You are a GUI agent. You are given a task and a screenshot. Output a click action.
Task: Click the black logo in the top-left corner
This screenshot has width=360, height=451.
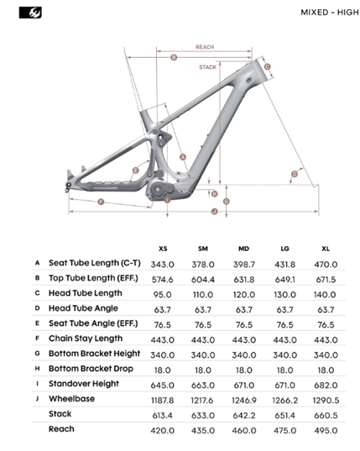pyautogui.click(x=30, y=13)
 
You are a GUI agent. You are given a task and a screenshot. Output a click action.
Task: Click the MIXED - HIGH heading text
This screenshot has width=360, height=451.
pyautogui.click(x=330, y=13)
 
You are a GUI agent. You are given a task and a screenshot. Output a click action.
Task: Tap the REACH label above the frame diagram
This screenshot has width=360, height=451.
pyautogui.click(x=205, y=47)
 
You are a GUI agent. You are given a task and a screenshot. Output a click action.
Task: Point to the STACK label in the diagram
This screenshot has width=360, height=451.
pyautogui.click(x=207, y=67)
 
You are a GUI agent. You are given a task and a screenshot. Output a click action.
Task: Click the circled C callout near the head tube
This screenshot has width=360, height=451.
pyautogui.click(x=267, y=66)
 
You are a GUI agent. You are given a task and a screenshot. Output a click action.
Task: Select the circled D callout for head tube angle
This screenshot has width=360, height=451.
pyautogui.click(x=295, y=174)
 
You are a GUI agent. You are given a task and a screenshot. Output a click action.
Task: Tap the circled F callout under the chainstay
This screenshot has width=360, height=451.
pyautogui.click(x=101, y=202)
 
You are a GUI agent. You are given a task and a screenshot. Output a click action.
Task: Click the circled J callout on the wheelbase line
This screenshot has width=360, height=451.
pyautogui.click(x=214, y=212)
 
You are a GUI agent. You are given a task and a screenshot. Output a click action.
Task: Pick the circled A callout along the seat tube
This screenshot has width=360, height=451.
pyautogui.click(x=183, y=157)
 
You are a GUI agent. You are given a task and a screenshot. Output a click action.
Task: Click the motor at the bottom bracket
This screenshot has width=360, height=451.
pyautogui.click(x=157, y=190)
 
